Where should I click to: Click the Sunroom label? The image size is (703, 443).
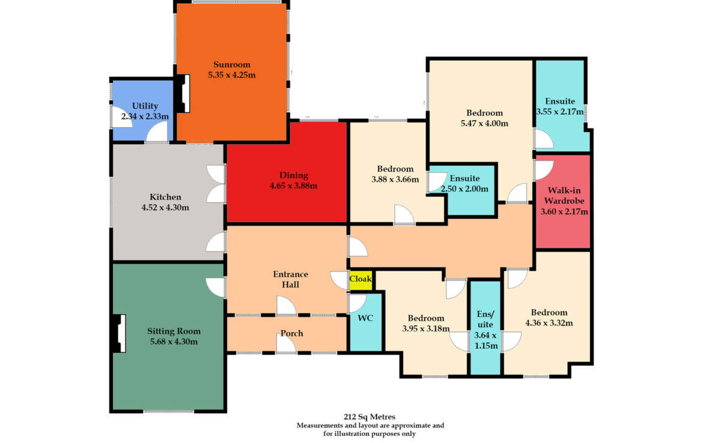232,64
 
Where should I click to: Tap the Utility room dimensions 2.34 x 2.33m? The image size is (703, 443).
145,116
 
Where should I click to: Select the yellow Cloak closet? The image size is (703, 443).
361,280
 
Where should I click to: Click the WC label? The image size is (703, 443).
365,318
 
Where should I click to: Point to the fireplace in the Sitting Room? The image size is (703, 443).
119,333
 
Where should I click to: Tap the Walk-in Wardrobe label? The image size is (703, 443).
564,195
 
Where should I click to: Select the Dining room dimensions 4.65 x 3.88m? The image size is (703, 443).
294,186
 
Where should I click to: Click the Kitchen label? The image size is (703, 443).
165,197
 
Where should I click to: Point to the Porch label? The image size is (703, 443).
292,333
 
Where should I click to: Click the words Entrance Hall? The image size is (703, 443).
291,279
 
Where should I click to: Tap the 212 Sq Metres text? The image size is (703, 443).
370,417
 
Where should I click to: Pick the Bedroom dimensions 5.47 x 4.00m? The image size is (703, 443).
485,124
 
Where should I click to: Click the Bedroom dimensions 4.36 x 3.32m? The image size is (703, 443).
549,323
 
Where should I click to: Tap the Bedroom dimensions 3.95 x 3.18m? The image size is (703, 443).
426,328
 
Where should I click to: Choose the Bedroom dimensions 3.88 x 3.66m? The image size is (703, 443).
395,179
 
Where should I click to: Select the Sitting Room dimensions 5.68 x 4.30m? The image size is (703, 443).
174,342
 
